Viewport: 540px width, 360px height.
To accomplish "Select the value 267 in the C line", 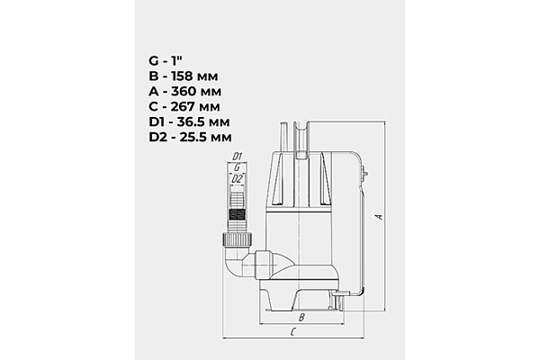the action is (x=183, y=106).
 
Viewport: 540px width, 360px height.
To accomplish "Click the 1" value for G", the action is (x=176, y=61).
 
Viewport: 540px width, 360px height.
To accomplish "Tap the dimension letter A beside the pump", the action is (x=380, y=217).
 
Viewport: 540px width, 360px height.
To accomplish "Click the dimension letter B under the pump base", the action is (x=301, y=317).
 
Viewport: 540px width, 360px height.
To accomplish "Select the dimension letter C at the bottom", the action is (x=293, y=332).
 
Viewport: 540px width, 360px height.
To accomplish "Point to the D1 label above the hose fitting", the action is (x=238, y=157).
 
